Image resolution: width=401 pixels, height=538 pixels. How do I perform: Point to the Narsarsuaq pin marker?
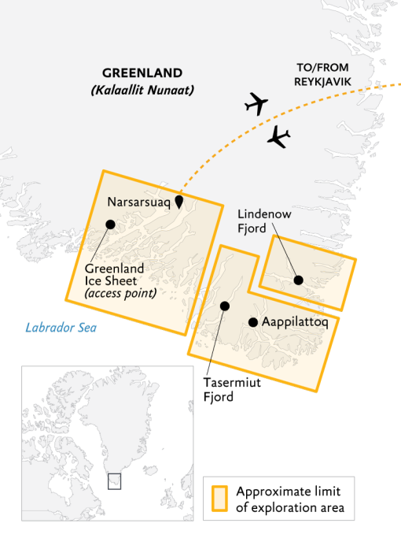pyautogui.click(x=179, y=202)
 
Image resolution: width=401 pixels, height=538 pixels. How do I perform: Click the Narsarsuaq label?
pyautogui.click(x=138, y=202)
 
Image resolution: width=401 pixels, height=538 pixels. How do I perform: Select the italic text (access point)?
pyautogui.click(x=120, y=294)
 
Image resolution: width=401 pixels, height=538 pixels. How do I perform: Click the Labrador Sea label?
pyautogui.click(x=61, y=328)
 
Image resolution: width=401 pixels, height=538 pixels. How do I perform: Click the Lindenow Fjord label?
pyautogui.click(x=257, y=221)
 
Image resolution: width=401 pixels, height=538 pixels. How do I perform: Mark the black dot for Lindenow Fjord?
pyautogui.click(x=298, y=280)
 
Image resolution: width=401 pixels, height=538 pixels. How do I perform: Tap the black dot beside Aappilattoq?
pyautogui.click(x=253, y=322)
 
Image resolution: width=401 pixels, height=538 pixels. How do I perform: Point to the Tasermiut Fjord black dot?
pyautogui.click(x=225, y=306)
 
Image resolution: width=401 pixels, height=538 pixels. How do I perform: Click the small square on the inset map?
pyautogui.click(x=114, y=480)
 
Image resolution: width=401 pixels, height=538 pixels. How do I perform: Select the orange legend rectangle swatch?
pyautogui.click(x=219, y=499)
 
